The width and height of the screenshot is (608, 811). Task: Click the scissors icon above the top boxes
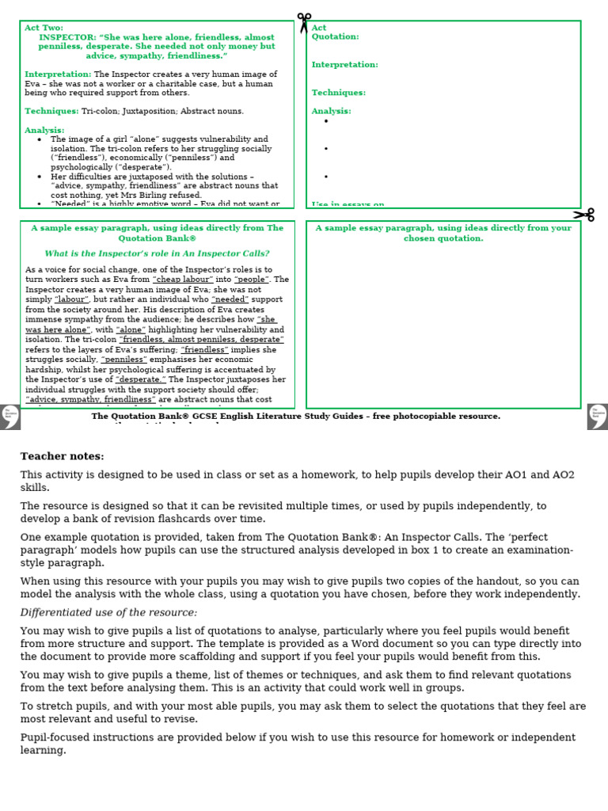(304, 22)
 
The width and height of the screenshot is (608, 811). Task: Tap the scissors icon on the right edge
(584, 215)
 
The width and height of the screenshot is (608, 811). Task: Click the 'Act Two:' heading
(44, 28)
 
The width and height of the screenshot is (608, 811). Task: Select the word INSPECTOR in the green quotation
(67, 37)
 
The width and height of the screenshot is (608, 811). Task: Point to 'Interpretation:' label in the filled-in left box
(58, 74)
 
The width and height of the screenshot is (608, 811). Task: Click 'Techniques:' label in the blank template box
(338, 93)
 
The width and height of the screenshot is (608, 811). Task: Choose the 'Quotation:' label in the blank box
(335, 36)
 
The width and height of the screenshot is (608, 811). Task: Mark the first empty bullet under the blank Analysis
(325, 121)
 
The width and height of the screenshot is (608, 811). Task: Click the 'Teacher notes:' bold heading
(62, 456)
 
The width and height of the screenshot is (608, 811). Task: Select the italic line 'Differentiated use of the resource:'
(108, 613)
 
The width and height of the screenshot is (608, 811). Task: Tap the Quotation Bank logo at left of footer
(10, 416)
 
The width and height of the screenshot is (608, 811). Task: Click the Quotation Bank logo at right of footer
(598, 416)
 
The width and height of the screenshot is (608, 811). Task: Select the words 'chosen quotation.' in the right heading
(443, 238)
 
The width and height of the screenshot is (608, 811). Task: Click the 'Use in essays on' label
(348, 205)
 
